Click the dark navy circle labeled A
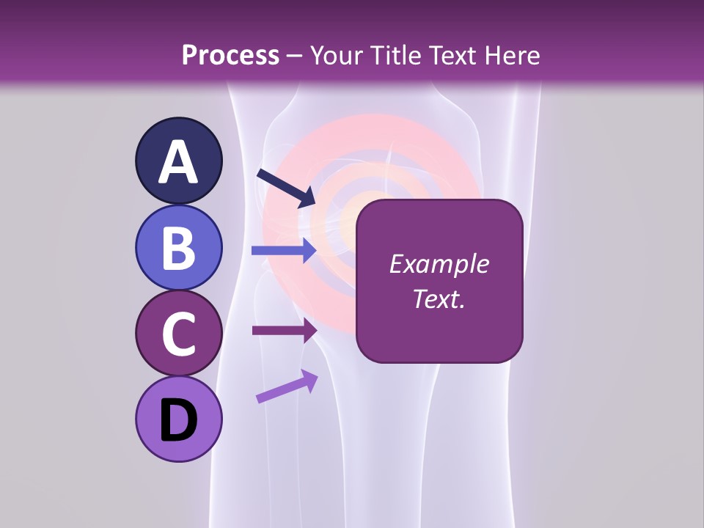pos(178,161)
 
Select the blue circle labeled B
pos(178,248)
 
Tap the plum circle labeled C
pos(178,334)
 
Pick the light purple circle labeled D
pos(178,419)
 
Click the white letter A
pos(178,162)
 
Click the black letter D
pos(178,421)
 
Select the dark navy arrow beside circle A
pos(285,188)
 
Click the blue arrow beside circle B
pos(283,251)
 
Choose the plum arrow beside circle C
pos(283,330)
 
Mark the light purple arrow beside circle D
pos(287,386)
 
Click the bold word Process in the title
pos(230,56)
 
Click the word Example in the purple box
pos(439,264)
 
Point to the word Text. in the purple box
pos(439,299)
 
